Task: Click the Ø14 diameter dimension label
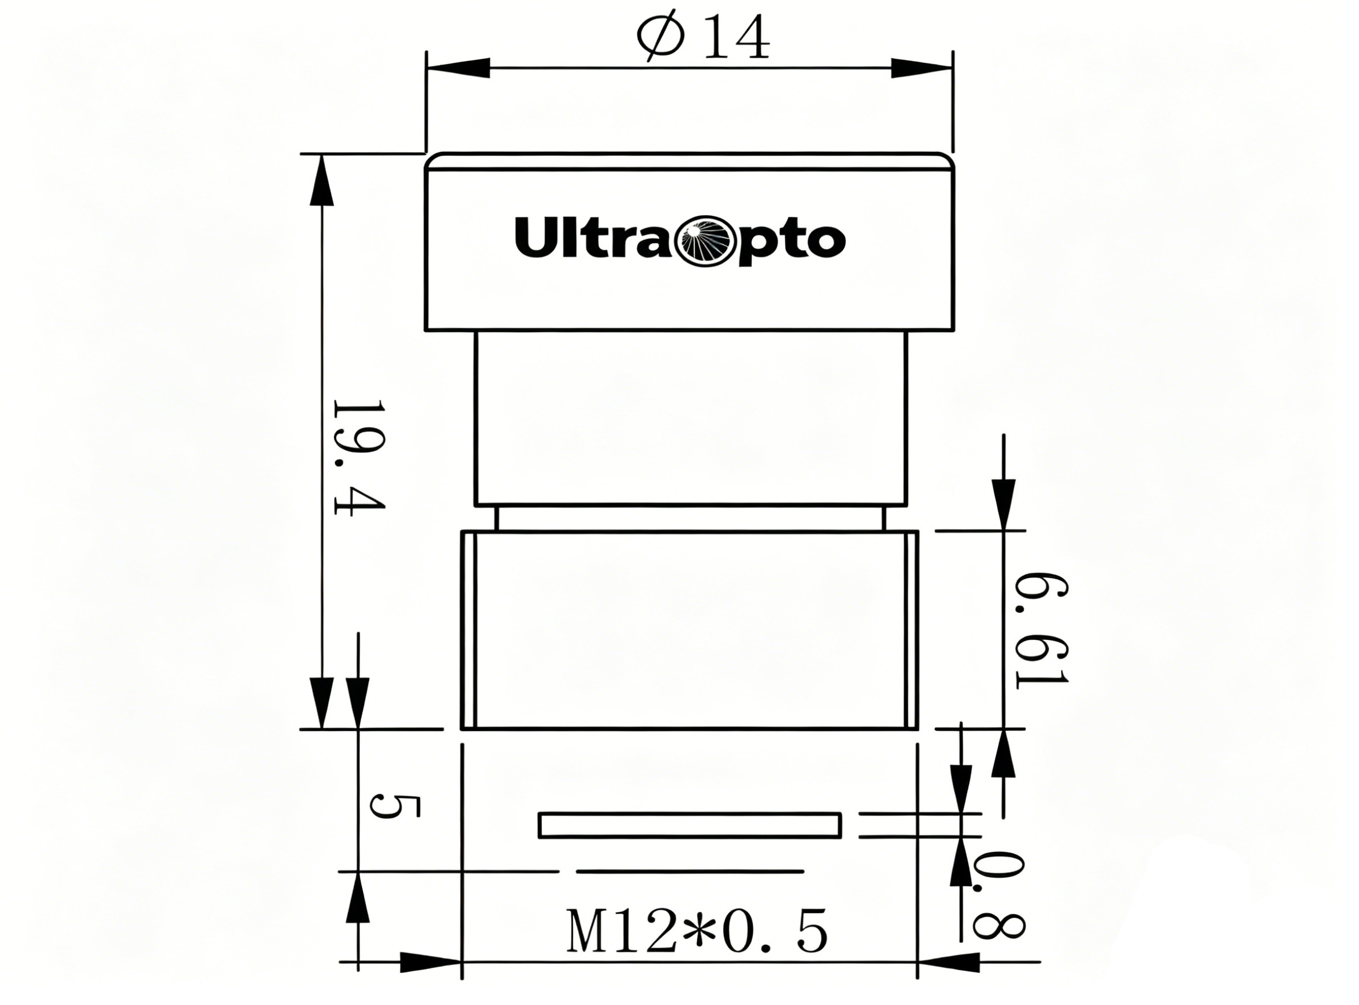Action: pyautogui.click(x=703, y=39)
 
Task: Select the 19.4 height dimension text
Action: pyautogui.click(x=359, y=457)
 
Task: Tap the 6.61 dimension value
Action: pyautogui.click(x=1042, y=628)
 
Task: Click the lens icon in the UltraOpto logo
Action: pyautogui.click(x=708, y=241)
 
